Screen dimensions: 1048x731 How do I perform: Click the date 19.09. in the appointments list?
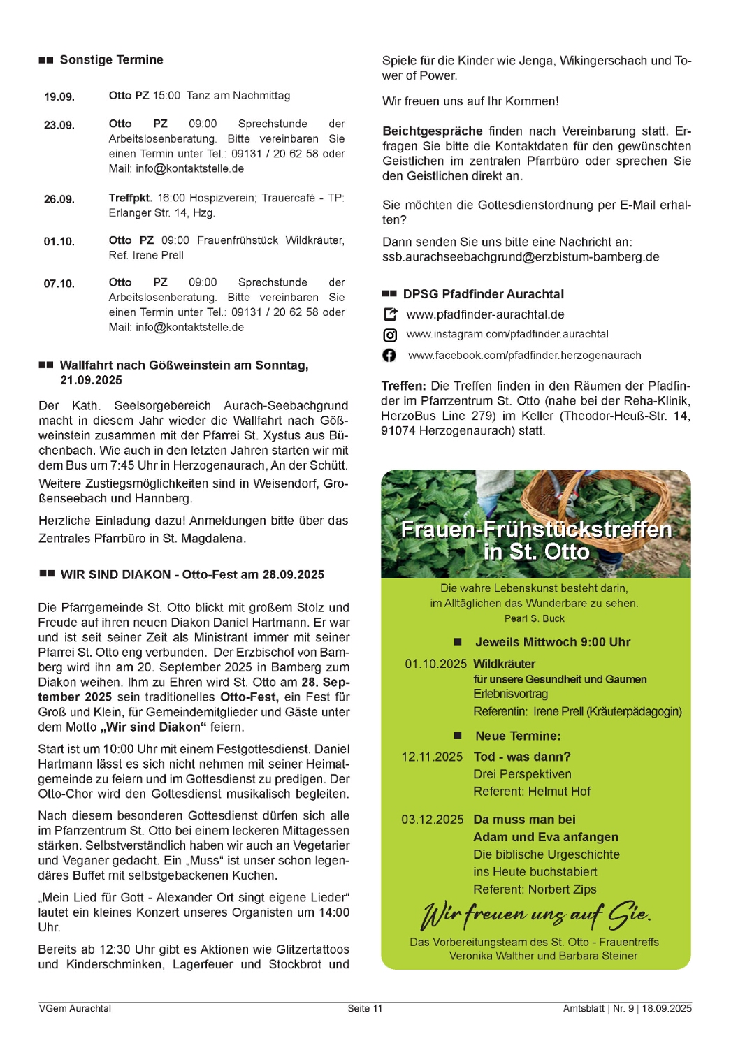[x=59, y=96]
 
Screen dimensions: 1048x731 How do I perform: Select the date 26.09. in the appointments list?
[x=59, y=199]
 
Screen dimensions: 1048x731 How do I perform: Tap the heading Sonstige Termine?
[x=111, y=60]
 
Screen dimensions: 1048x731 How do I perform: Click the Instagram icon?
[x=390, y=335]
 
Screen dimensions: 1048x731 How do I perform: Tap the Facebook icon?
[x=389, y=356]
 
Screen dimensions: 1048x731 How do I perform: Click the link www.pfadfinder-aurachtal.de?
[x=485, y=314]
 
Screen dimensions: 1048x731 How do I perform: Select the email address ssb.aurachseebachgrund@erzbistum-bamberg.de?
[x=521, y=257]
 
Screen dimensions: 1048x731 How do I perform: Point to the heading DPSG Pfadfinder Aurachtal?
[x=483, y=294]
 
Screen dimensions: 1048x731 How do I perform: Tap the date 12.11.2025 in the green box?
[x=432, y=757]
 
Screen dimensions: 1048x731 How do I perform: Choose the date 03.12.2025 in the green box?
[x=432, y=820]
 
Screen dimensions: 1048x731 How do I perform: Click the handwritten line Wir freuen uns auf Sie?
[x=535, y=914]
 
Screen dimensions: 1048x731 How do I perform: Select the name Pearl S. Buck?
[x=534, y=618]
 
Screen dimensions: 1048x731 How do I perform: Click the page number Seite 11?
[x=365, y=1008]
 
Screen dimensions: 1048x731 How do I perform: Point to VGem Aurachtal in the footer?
[x=75, y=1008]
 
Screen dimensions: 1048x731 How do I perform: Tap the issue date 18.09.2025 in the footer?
[x=667, y=1008]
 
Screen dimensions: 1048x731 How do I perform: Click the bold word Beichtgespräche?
[x=433, y=131]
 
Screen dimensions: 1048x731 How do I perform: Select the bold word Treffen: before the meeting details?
[x=404, y=386]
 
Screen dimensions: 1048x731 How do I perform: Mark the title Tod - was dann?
[x=522, y=757]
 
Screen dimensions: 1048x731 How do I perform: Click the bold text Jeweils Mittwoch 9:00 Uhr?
[x=553, y=642]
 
